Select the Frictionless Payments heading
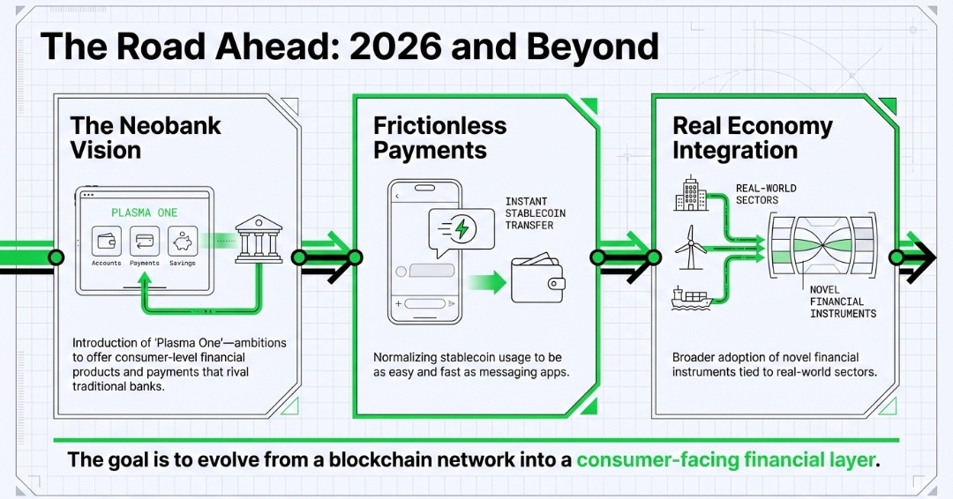[439, 137]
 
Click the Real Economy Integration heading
[752, 137]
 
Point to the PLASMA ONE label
[144, 212]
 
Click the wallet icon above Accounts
[106, 241]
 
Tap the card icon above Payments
[144, 241]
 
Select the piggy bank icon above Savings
[183, 241]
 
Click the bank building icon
[259, 241]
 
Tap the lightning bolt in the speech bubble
[464, 229]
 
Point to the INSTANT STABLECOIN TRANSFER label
[536, 212]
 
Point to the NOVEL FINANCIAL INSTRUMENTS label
[843, 302]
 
